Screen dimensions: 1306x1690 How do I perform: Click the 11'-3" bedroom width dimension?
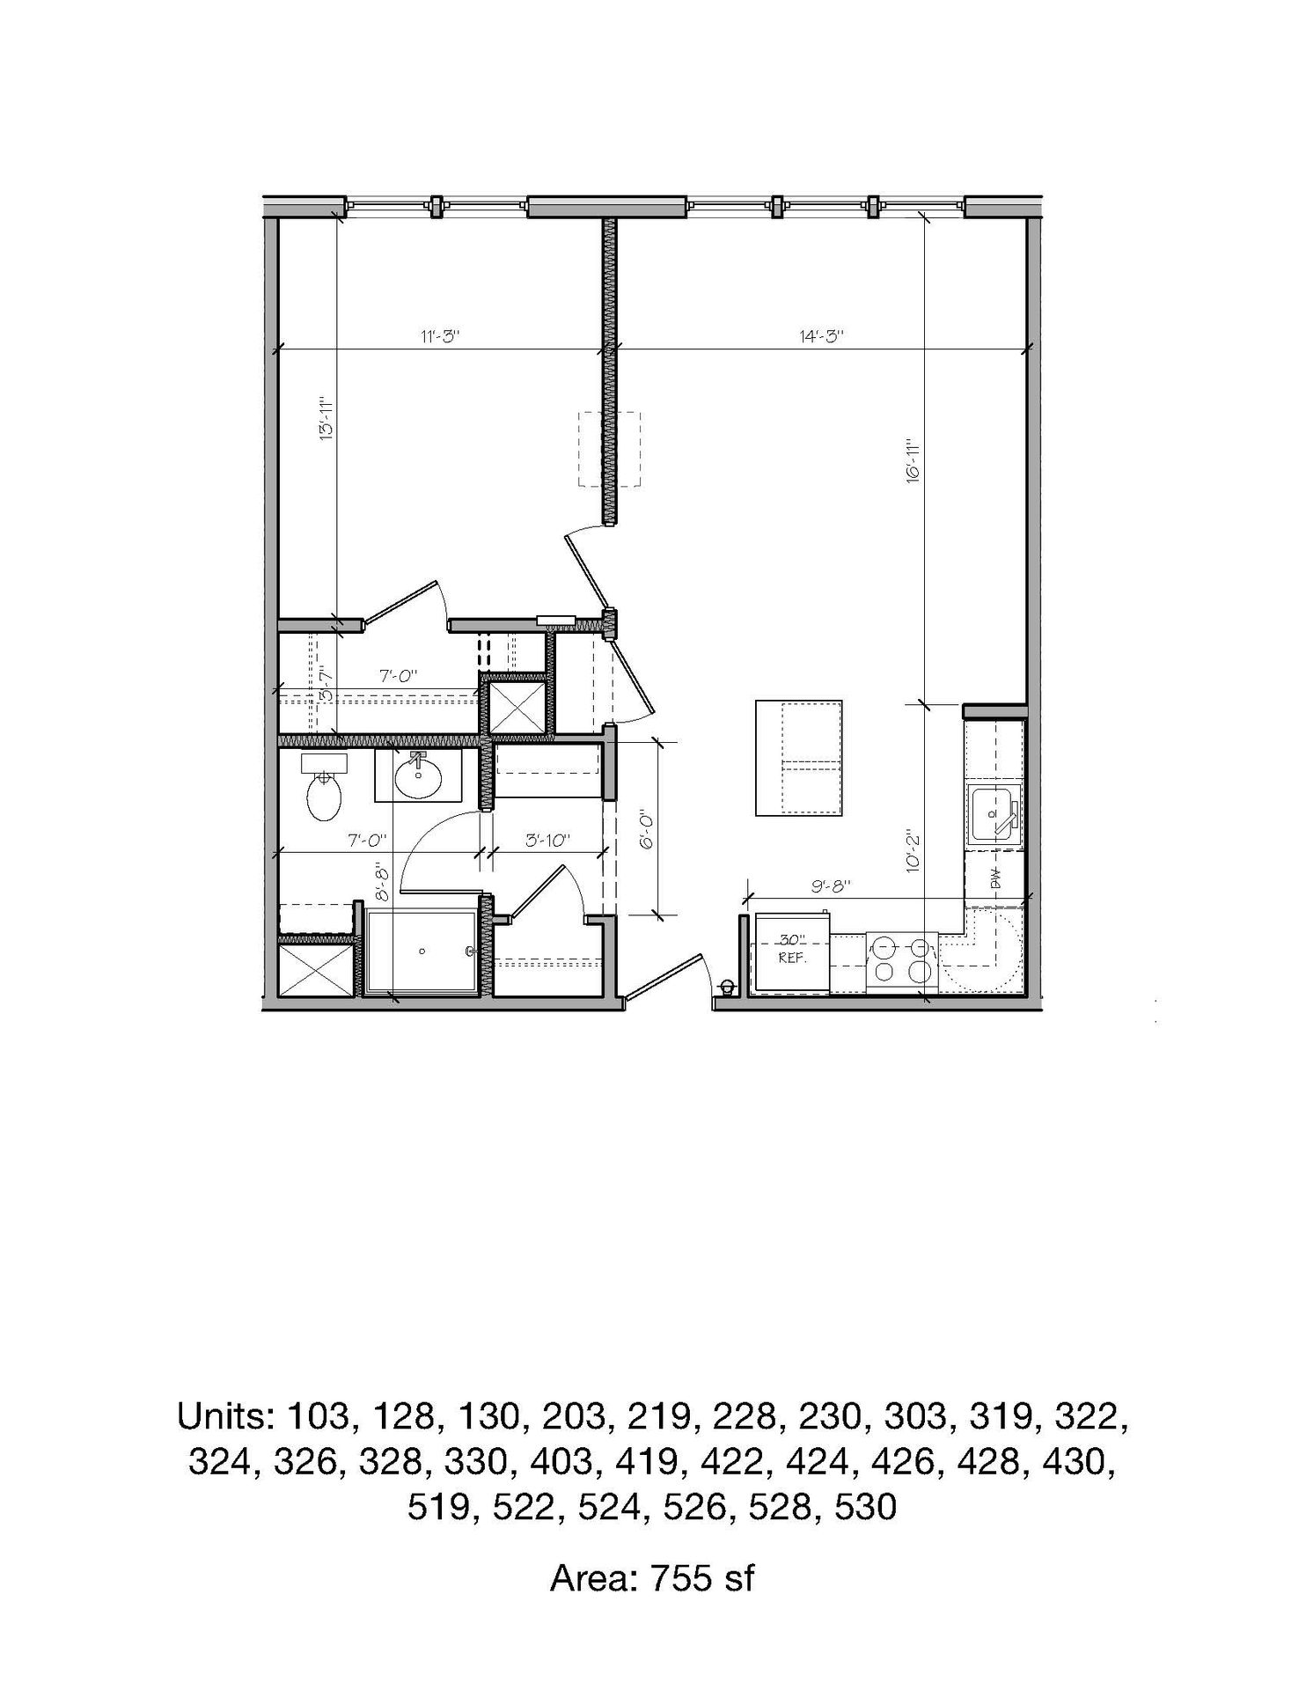pos(440,335)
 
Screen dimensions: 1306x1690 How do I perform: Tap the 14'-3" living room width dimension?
pos(822,335)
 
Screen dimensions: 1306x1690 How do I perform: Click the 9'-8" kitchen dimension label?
pos(830,886)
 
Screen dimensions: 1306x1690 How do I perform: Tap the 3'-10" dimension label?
pos(548,840)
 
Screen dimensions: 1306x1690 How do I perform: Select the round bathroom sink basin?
pos(418,776)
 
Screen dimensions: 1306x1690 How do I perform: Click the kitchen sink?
pos(995,812)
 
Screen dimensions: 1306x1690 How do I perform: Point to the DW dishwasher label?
pos(997,880)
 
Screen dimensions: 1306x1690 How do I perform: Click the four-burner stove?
pos(902,962)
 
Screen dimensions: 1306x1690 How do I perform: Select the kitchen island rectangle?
pos(798,758)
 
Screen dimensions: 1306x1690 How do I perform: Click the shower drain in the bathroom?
pos(422,952)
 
